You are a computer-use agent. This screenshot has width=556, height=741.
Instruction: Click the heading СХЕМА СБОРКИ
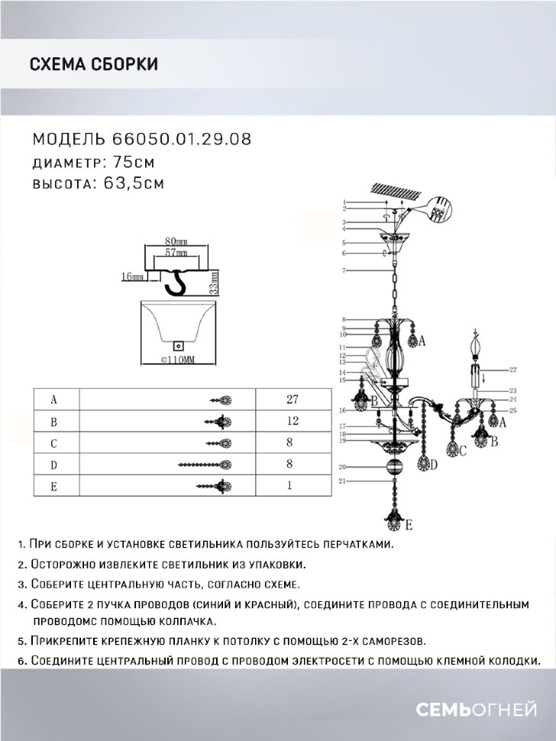[93, 64]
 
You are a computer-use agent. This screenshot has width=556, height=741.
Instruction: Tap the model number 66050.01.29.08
[181, 140]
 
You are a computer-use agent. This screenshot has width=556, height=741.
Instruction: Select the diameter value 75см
[134, 162]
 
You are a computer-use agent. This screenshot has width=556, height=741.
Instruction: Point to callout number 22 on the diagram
[512, 369]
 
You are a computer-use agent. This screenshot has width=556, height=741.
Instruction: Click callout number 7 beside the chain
[345, 271]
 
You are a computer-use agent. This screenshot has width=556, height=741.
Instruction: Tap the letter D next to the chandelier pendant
[433, 464]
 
